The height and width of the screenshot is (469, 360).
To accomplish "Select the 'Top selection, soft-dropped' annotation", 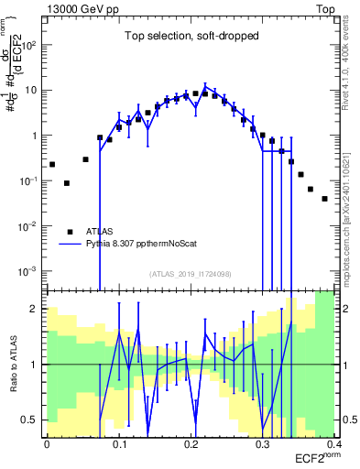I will coord(191,37).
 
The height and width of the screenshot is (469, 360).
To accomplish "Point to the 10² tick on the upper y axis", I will coord(32,45).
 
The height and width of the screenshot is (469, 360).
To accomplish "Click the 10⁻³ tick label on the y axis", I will coord(30,271).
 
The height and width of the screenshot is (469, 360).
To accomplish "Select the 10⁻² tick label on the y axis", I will coord(30,226).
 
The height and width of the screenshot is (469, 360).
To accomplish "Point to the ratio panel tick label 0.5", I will coord(33,420).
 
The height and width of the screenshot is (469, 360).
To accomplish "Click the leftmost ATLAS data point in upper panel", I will coord(52,164).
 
